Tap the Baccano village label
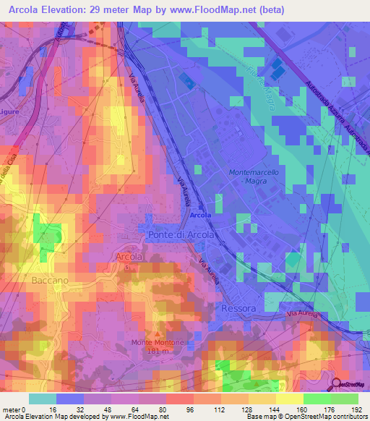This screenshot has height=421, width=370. (50, 279)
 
